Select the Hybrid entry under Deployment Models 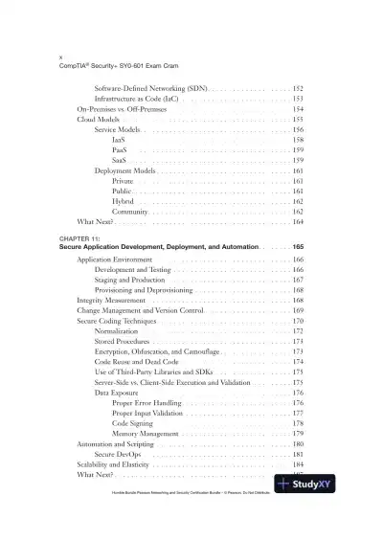click(x=123, y=201)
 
